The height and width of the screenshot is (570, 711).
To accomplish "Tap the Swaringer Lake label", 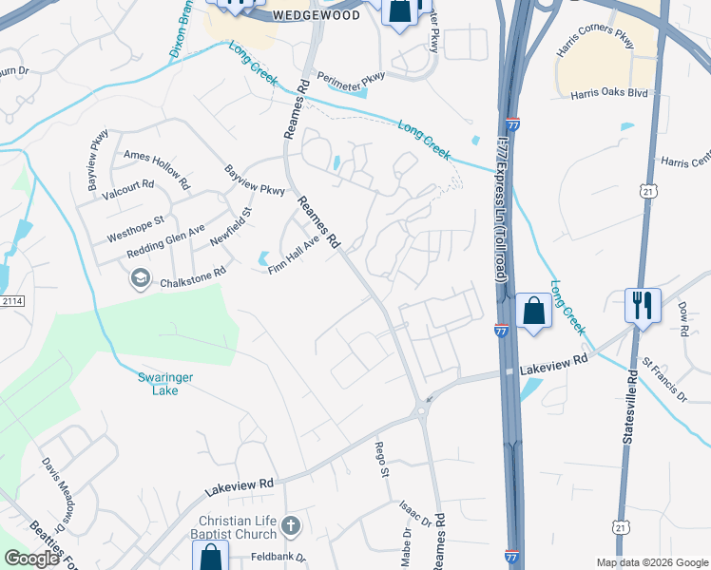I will click(x=166, y=384).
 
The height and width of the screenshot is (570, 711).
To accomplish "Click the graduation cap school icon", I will click(x=141, y=277).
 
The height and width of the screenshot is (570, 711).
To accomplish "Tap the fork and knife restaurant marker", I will click(x=644, y=305).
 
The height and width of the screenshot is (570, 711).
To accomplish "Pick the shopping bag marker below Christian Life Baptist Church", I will click(x=210, y=558).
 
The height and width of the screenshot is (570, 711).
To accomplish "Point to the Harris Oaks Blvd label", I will click(x=609, y=95).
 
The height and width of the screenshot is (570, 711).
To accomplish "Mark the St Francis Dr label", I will click(x=663, y=378).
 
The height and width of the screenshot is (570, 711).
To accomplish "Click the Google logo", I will click(x=32, y=559).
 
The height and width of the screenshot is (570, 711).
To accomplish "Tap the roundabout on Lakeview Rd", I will click(x=419, y=409).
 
